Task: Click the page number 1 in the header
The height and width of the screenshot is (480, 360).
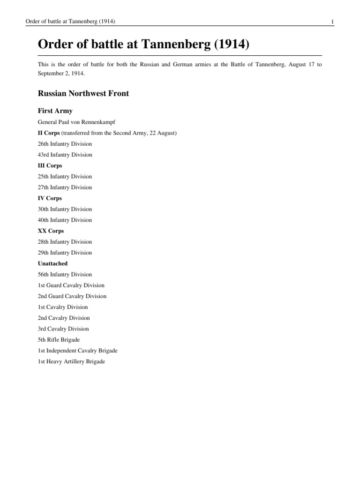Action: (x=332, y=22)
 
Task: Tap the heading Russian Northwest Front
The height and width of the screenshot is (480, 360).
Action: (x=83, y=93)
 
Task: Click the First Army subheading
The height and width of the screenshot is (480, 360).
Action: (x=55, y=111)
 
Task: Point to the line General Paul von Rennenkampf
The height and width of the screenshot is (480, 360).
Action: (x=76, y=122)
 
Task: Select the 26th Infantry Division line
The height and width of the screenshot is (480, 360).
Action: (x=65, y=144)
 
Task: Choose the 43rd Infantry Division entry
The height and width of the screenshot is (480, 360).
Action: (x=65, y=155)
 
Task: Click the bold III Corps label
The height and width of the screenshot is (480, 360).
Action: (x=50, y=165)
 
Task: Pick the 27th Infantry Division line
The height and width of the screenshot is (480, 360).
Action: (x=65, y=187)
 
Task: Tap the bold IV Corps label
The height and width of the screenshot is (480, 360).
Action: (x=49, y=198)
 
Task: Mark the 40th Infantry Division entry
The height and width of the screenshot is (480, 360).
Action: (x=65, y=220)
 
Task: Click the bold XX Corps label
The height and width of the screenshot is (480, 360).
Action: (x=51, y=231)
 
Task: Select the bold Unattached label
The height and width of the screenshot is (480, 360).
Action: (x=52, y=263)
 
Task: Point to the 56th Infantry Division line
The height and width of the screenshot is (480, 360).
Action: (x=65, y=274)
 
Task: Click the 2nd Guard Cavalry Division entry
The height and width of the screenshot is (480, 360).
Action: (x=72, y=296)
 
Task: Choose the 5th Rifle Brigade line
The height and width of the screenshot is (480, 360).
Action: (x=59, y=340)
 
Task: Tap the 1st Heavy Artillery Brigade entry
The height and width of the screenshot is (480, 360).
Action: (x=71, y=362)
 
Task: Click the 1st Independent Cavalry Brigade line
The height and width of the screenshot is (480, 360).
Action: (x=77, y=351)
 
